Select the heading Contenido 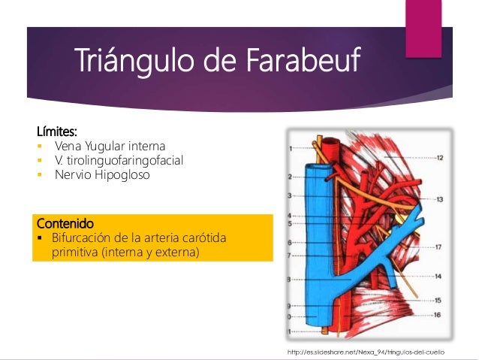(x=65, y=223)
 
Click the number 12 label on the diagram (x=438, y=158)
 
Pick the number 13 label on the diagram (x=438, y=199)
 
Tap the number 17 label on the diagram (x=438, y=247)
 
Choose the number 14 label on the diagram (x=438, y=277)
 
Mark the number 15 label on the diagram (x=437, y=300)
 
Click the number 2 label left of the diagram (x=290, y=177)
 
